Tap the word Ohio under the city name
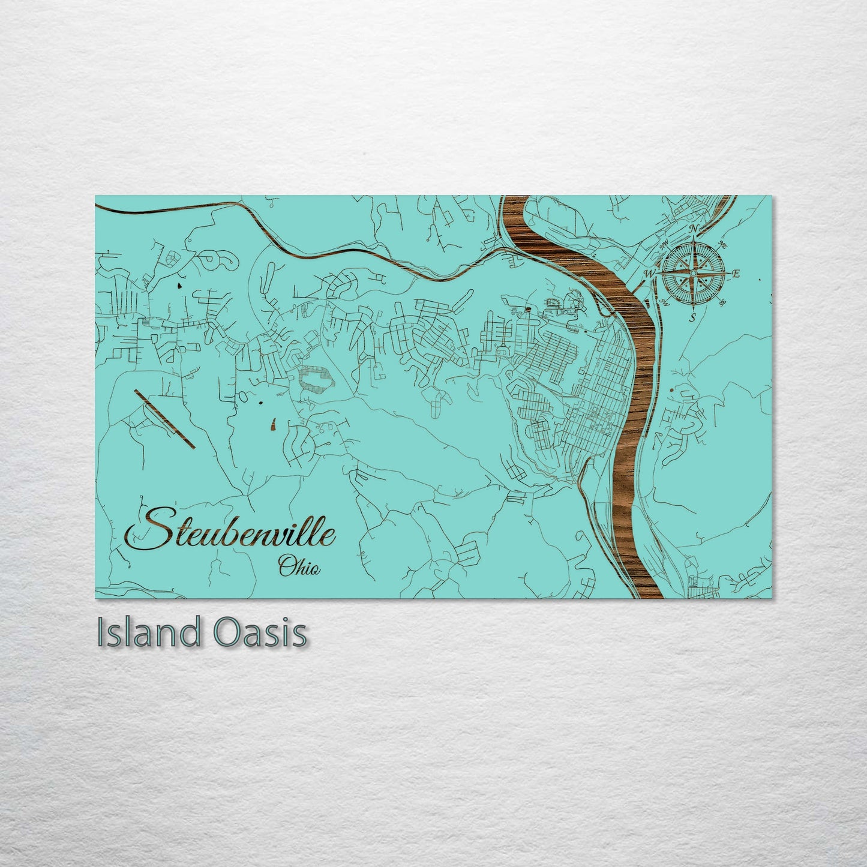[298, 566]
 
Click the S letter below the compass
[692, 317]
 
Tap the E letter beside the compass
[736, 274]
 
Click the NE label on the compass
[722, 245]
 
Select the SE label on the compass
[722, 302]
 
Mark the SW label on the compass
[664, 302]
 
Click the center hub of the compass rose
[693, 274]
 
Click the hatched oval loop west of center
[315, 379]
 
